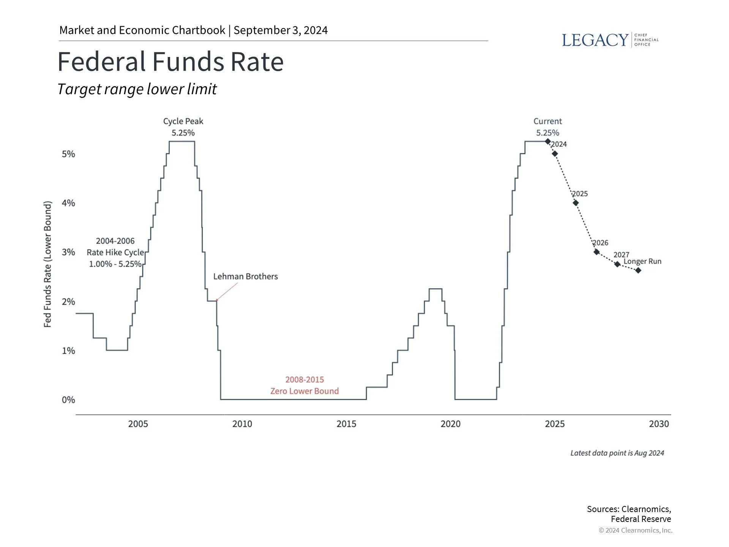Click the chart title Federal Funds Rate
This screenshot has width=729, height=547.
coord(170,62)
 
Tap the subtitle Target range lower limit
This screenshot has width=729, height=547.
coord(137,89)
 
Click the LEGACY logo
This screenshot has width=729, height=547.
coord(610,40)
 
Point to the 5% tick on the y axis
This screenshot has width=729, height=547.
coord(69,154)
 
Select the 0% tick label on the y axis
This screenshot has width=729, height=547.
coord(69,400)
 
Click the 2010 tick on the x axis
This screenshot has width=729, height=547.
coord(242,424)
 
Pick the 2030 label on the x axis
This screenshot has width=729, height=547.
coord(659,424)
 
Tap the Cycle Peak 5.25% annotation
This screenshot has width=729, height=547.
coord(183,127)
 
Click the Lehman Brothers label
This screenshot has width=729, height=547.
coord(245,277)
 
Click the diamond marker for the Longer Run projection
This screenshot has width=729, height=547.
coord(638,270)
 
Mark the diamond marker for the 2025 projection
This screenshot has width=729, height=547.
coord(576,203)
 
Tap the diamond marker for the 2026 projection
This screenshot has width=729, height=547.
coord(596,252)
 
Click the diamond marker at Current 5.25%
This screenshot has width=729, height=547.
coord(548,141)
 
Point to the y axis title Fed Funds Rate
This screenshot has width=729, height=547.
coord(47,264)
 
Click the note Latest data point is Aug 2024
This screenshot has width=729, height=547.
coord(617,453)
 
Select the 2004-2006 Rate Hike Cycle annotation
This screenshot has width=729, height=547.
coord(115,252)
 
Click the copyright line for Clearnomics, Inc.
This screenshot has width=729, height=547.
coord(635,530)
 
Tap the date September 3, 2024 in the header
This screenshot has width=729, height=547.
coord(281,30)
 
